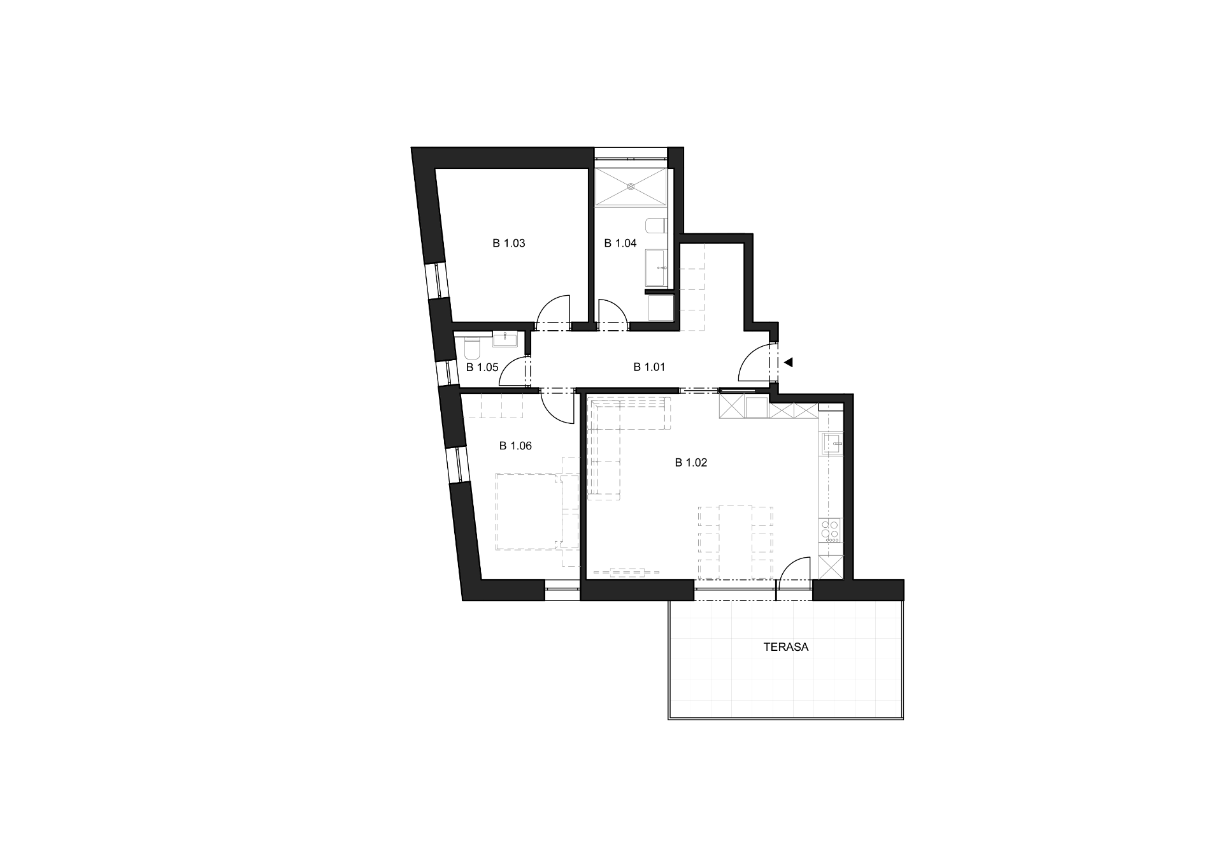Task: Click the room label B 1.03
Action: point(509,243)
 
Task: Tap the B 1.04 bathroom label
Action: point(620,243)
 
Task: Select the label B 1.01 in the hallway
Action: point(649,367)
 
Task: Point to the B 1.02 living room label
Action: point(691,463)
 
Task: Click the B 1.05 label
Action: point(482,367)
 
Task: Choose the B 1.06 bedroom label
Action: point(515,446)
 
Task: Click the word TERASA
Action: point(786,647)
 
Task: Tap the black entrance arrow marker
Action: point(788,362)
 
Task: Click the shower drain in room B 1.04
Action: point(631,187)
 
